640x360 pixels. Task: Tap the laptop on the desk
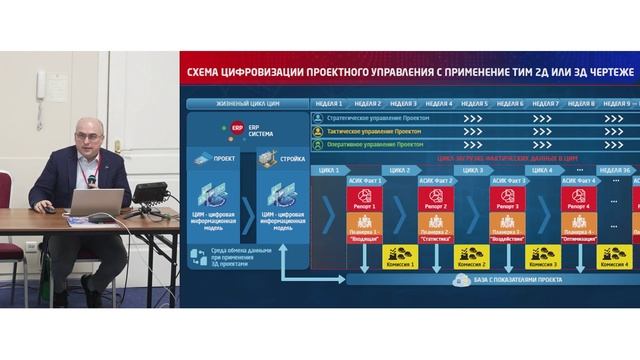coord(96,204)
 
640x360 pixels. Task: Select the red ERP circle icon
coord(237,128)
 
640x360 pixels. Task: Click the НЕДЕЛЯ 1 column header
coord(328,103)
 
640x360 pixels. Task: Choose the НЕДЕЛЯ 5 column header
coord(473,103)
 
